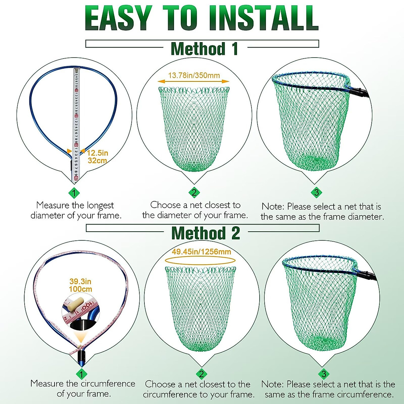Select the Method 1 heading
click(x=204, y=49)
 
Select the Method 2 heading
click(x=205, y=233)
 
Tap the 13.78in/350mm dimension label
click(x=194, y=75)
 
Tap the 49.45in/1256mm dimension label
click(x=201, y=251)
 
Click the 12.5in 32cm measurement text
click(x=98, y=157)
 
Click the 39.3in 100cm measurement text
click(x=80, y=285)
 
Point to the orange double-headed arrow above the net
click(x=194, y=81)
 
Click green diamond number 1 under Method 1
click(x=74, y=193)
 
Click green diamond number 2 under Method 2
click(x=201, y=374)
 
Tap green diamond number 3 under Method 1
click(x=316, y=193)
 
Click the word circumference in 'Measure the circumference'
click(x=108, y=383)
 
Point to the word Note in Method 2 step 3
click(x=272, y=384)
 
